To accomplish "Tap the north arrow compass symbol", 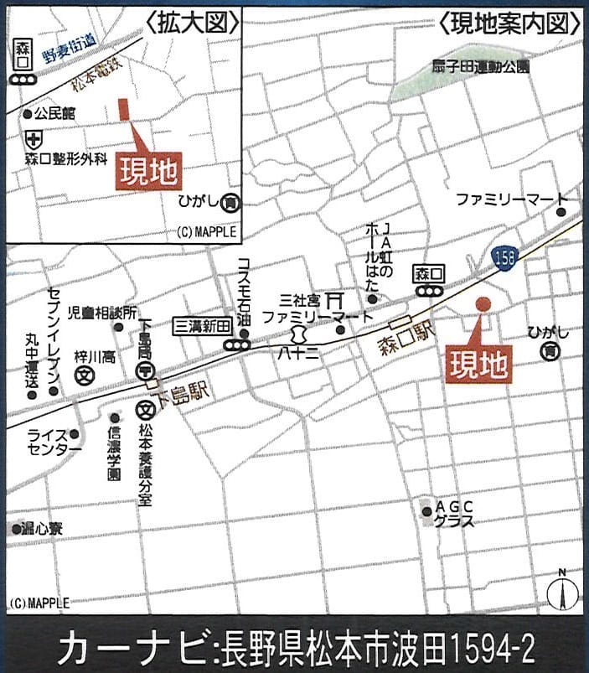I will (562, 591).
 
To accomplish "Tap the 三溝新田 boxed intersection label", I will (202, 326).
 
